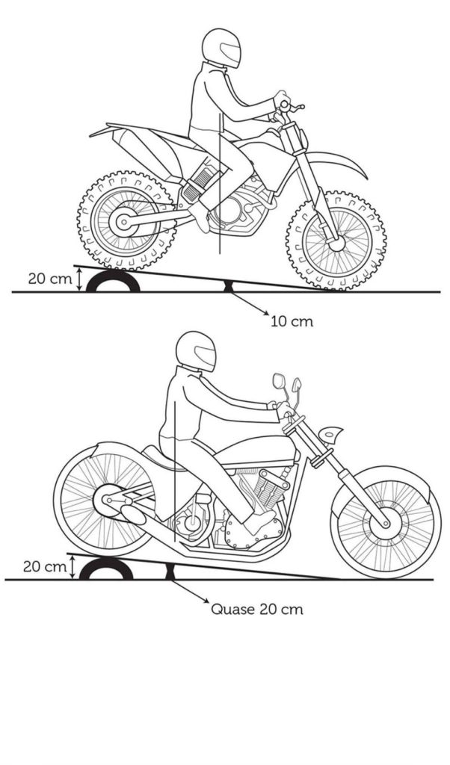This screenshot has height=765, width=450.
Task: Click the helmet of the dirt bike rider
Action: click(x=221, y=49)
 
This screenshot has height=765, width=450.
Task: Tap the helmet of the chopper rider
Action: click(x=196, y=351)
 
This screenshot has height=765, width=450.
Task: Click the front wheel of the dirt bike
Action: click(x=336, y=241)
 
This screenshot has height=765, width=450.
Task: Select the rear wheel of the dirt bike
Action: click(x=126, y=222)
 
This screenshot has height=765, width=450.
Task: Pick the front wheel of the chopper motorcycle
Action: click(x=386, y=521)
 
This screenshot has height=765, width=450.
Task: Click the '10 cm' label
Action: click(x=292, y=322)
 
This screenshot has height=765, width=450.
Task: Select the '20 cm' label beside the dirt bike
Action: click(x=47, y=279)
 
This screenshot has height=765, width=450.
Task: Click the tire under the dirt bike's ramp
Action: click(x=113, y=282)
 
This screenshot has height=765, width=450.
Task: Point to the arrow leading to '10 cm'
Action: click(x=250, y=306)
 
